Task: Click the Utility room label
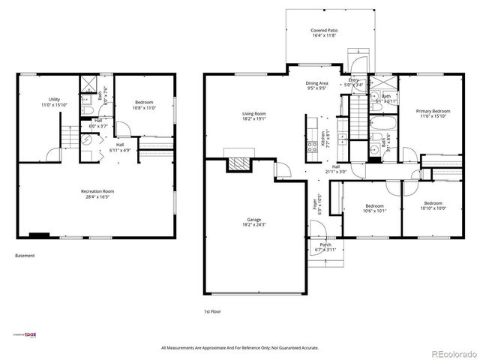click(x=55, y=102)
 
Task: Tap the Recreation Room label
click(x=97, y=194)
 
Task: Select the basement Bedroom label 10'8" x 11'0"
click(x=145, y=104)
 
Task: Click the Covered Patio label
click(x=324, y=33)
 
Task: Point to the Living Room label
click(x=253, y=115)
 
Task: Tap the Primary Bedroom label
click(x=431, y=113)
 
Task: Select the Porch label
click(x=325, y=247)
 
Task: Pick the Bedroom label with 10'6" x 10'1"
click(x=374, y=208)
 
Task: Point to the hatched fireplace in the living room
click(x=240, y=163)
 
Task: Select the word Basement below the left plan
click(x=25, y=256)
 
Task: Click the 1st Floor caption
click(x=212, y=311)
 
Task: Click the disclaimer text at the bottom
click(x=239, y=348)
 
